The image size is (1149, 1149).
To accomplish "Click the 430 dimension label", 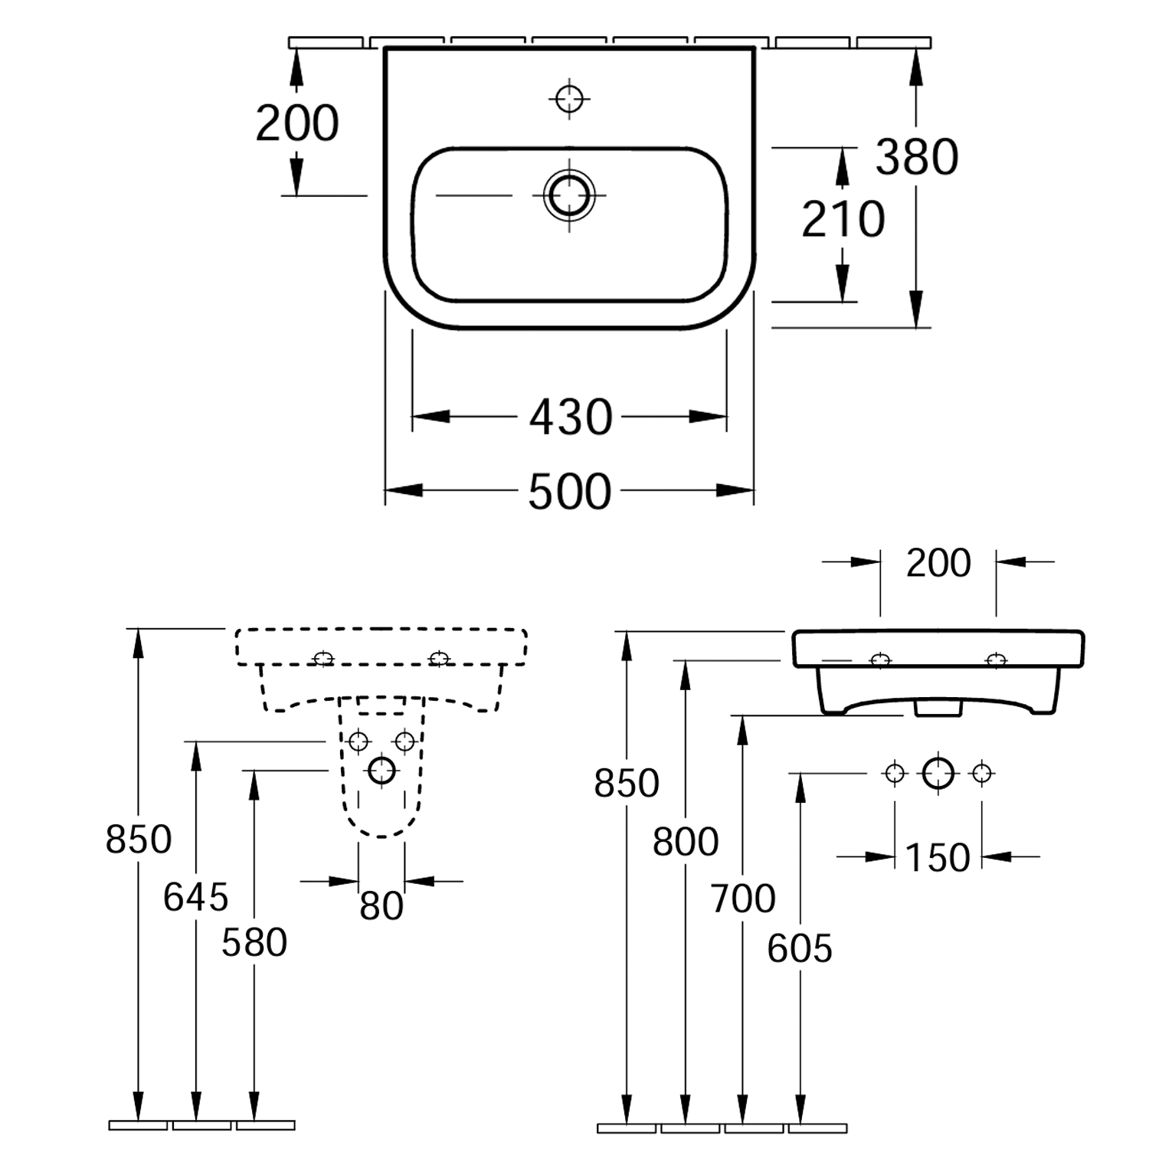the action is pyautogui.click(x=571, y=417).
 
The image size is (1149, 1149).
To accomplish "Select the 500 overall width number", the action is pyautogui.click(x=570, y=491).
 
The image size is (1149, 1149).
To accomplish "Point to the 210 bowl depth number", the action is pyautogui.click(x=843, y=219).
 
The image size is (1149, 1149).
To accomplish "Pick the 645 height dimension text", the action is pyautogui.click(x=196, y=897).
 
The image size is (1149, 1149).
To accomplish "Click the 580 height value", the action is pyautogui.click(x=254, y=942).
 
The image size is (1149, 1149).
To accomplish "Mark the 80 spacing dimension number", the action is pyautogui.click(x=381, y=906).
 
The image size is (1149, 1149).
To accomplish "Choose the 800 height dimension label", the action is pyautogui.click(x=686, y=842).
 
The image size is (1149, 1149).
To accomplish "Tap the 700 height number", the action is pyautogui.click(x=743, y=898).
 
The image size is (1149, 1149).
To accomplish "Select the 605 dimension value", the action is pyautogui.click(x=800, y=949).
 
